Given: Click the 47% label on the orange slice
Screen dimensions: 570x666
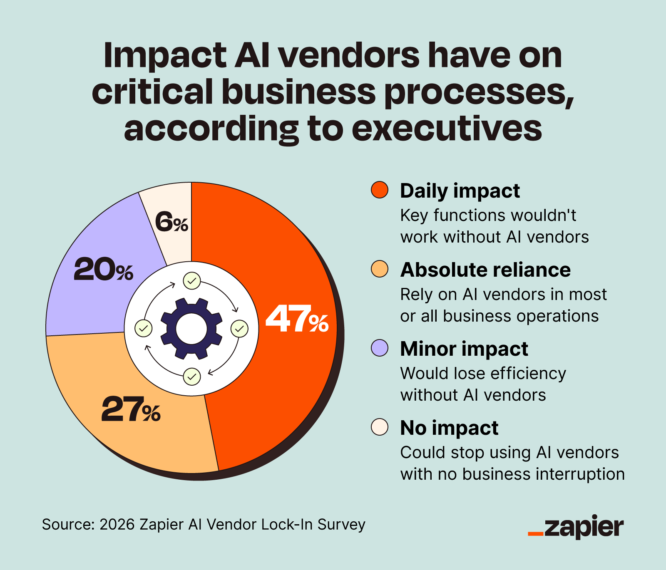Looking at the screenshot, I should click(297, 320).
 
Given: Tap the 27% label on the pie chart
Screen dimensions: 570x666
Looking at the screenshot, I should click(130, 410).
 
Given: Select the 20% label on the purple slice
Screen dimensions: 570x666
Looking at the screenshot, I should click(103, 270).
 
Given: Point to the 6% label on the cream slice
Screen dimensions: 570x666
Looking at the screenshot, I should click(171, 222).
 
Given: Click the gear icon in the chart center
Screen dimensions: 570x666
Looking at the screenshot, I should click(191, 329).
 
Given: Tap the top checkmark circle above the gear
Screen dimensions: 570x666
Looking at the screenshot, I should click(192, 281).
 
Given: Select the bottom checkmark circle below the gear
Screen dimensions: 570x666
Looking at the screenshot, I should click(192, 377).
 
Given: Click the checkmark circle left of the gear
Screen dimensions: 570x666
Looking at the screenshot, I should click(144, 329).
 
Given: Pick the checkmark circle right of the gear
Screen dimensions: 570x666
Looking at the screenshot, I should click(239, 329).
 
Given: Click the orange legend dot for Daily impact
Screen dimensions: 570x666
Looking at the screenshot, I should click(379, 190).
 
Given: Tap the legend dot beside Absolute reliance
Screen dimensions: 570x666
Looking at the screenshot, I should click(379, 269).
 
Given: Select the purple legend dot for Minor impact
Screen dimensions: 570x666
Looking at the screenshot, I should click(379, 348).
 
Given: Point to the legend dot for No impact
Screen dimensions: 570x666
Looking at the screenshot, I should click(379, 427).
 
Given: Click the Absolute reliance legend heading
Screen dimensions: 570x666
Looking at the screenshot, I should click(485, 270).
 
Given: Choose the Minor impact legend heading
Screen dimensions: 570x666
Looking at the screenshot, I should click(464, 349).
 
